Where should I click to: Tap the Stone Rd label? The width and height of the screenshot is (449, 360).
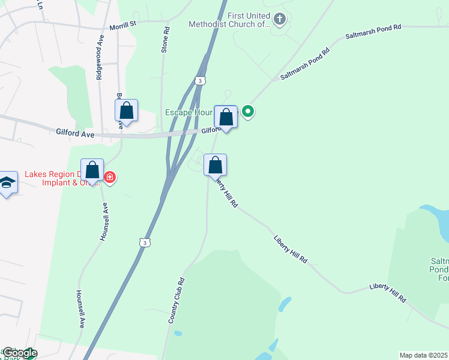164,39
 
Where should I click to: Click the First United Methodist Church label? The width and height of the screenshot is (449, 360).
229,20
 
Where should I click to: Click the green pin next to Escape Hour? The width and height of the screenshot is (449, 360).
247,112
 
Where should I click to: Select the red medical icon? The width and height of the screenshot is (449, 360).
109,176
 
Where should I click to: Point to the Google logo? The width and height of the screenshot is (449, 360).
19,353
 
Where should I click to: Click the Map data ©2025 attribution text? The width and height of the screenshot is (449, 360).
423,355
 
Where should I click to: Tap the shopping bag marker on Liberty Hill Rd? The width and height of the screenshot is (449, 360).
215,165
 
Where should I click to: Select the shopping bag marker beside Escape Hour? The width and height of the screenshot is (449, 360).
226,116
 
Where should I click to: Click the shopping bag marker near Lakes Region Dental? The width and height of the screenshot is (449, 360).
92,170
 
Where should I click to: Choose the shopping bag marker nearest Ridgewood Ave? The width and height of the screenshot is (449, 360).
126,110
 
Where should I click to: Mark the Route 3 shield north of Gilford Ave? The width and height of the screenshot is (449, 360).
200,80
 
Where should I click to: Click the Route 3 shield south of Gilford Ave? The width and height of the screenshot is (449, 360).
144,242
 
